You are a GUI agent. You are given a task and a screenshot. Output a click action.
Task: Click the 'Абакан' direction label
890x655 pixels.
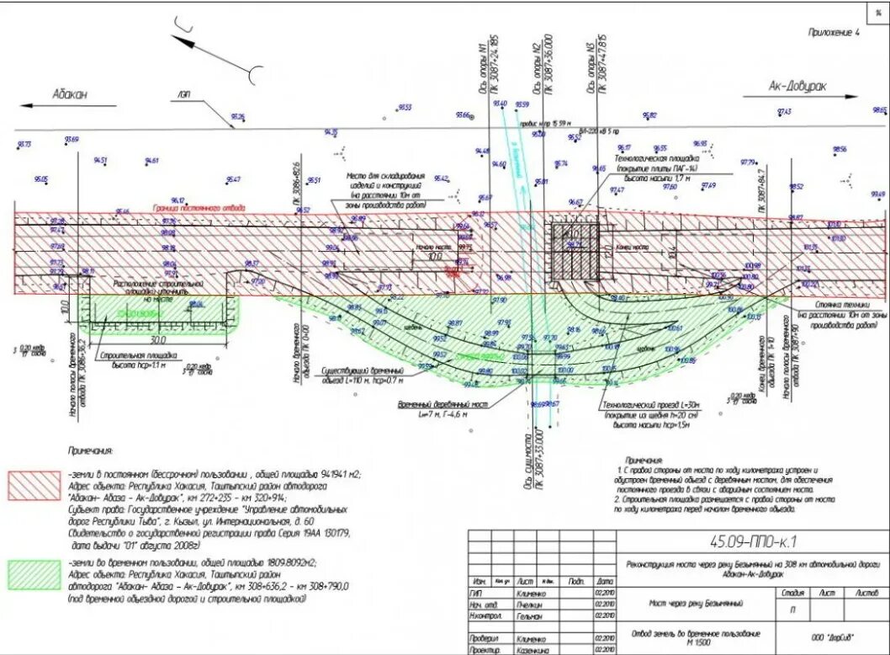click(69, 94)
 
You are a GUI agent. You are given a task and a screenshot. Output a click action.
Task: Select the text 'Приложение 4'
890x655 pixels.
click(834, 33)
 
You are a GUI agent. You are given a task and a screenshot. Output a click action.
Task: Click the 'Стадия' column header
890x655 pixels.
click(790, 593)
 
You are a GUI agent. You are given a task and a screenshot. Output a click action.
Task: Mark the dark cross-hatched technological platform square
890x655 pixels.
click(575, 251)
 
